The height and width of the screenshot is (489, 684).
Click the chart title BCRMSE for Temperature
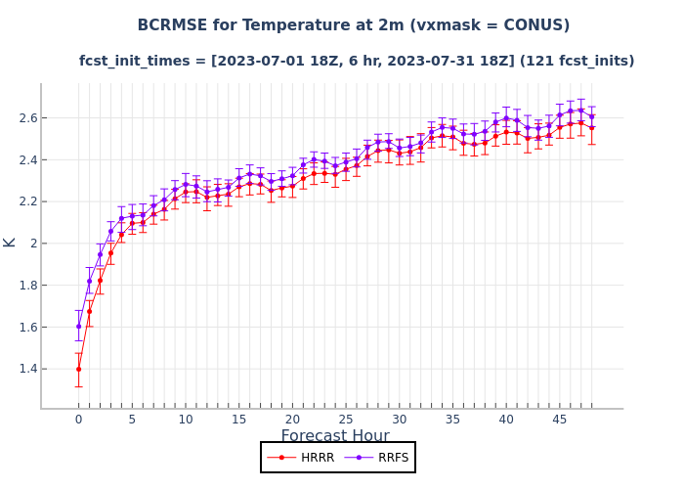pyautogui.click(x=353, y=25)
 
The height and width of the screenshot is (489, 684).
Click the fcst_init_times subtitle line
pyautogui.click(x=357, y=61)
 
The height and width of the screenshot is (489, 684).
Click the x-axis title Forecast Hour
pyautogui.click(x=335, y=436)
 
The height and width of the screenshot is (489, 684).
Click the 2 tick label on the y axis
pyautogui.click(x=29, y=244)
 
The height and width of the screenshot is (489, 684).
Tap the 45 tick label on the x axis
pyautogui.click(x=559, y=420)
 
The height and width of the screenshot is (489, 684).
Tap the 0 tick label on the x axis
pyautogui.click(x=78, y=420)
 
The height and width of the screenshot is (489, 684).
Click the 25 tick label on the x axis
pyautogui.click(x=346, y=420)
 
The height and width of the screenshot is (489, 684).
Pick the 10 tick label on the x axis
pyautogui.click(x=186, y=420)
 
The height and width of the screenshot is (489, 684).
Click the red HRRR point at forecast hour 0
pyautogui.click(x=78, y=369)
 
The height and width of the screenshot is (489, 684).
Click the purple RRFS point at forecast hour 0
pyautogui.click(x=78, y=327)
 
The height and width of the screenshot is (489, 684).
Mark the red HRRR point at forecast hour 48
pyautogui.click(x=591, y=127)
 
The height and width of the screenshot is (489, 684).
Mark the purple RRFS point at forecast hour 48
pyautogui.click(x=591, y=116)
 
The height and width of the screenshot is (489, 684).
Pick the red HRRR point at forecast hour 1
pyautogui.click(x=89, y=311)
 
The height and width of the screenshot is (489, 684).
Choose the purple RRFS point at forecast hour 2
pyautogui.click(x=100, y=255)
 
